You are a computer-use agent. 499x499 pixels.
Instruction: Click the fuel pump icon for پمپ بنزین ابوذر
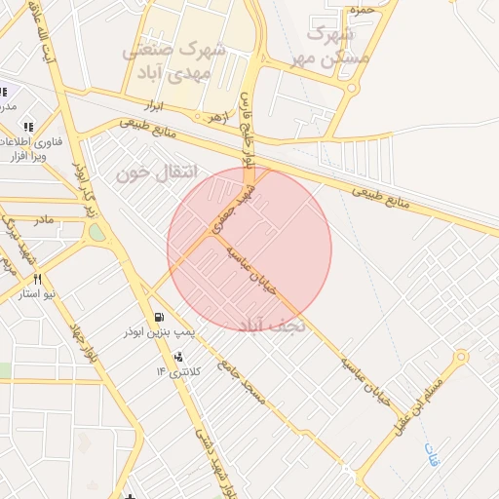click(159, 318)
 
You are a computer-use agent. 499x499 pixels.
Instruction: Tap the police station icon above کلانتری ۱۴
click(177, 357)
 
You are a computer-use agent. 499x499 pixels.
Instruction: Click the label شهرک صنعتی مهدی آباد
click(176, 60)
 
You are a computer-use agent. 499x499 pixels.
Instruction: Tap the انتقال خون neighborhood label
click(156, 173)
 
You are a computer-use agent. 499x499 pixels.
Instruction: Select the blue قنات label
click(432, 453)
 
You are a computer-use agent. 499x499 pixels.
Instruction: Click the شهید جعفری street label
click(233, 206)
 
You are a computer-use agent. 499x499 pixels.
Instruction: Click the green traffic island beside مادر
click(96, 233)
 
